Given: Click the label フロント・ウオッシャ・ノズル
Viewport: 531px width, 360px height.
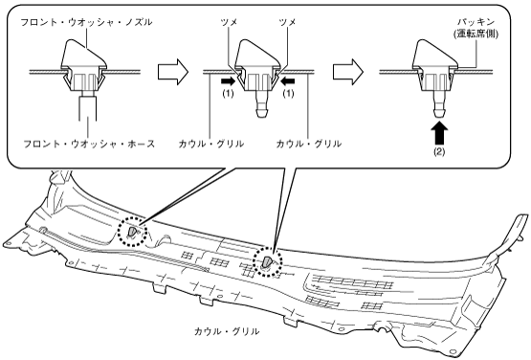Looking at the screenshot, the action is click(86, 22).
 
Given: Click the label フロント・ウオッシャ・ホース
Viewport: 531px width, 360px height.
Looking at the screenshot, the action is click(89, 144).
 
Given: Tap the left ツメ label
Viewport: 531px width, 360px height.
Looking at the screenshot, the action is click(229, 22).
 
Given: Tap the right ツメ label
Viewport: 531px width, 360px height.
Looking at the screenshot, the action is click(288, 22).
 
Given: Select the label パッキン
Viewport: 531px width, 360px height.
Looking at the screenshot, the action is click(476, 22).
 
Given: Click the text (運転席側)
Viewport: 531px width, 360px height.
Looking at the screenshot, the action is click(476, 34).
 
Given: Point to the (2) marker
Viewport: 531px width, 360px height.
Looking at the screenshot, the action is click(439, 152).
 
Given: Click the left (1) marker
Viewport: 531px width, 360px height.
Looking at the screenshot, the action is click(228, 93).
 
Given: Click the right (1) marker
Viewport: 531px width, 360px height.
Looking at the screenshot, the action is click(288, 93).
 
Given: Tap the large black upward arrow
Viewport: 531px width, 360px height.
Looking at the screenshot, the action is click(439, 133).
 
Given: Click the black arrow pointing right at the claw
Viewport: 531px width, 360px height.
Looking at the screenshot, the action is click(228, 81).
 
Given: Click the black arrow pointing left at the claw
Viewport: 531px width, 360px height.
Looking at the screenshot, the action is click(288, 81).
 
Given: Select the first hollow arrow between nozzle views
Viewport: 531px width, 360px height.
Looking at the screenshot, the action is click(173, 72).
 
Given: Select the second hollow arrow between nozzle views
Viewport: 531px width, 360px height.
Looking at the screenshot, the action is click(348, 72).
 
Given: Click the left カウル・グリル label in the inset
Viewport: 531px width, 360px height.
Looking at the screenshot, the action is click(211, 144).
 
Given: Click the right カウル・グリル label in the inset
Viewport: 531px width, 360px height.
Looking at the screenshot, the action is click(308, 144).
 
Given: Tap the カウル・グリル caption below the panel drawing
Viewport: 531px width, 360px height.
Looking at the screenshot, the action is click(227, 331).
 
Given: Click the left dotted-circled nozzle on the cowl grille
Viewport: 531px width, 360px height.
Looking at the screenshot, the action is click(132, 232).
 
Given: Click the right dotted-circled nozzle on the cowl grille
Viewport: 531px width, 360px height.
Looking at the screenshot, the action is click(268, 261).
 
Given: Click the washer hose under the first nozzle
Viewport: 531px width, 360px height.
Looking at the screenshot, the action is click(88, 108).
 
